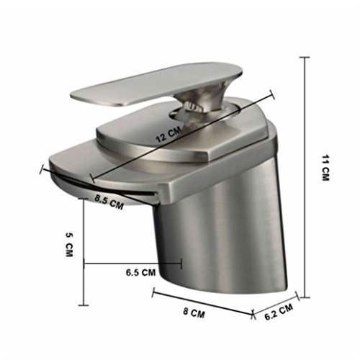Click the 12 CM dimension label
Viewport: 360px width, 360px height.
click(x=168, y=135)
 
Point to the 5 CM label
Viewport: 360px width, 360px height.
click(x=69, y=244)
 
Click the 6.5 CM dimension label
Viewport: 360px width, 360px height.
click(x=141, y=272)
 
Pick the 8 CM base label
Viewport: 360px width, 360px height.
click(x=194, y=313)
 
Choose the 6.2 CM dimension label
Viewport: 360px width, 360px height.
click(x=279, y=312)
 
